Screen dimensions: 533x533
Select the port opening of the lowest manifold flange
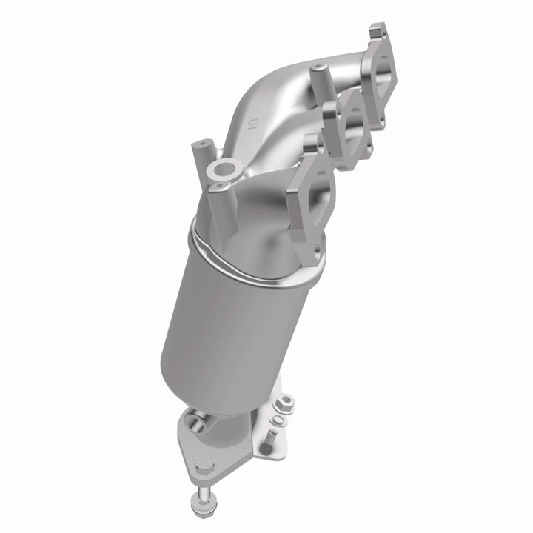click(314, 194)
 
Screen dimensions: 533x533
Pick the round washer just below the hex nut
click(278, 419)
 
